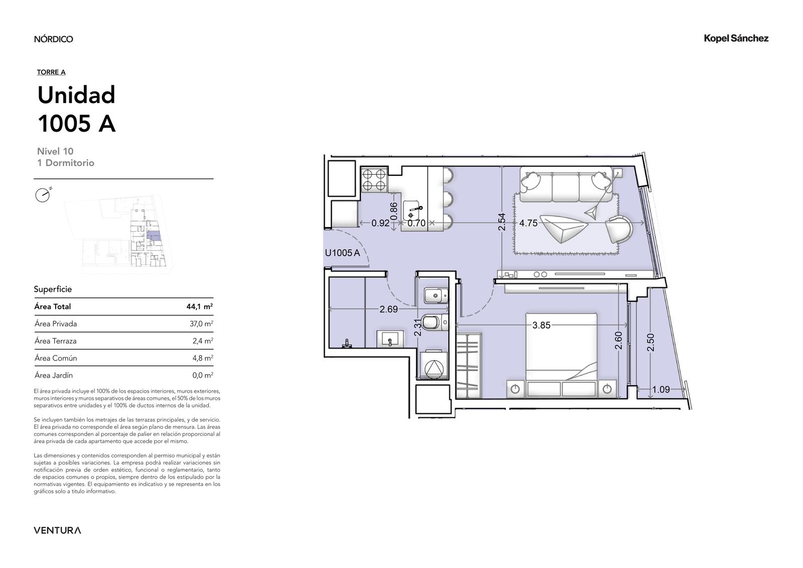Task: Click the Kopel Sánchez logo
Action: pyautogui.click(x=736, y=38)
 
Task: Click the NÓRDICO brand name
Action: pyautogui.click(x=53, y=39)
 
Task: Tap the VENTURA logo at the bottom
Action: pyautogui.click(x=57, y=530)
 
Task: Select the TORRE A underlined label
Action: pyautogui.click(x=51, y=72)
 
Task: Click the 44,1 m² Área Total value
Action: pyautogui.click(x=200, y=306)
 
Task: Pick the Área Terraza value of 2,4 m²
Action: pyautogui.click(x=203, y=340)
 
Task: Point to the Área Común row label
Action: pyautogui.click(x=56, y=358)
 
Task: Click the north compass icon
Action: pyautogui.click(x=43, y=195)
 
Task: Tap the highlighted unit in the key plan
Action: pyautogui.click(x=154, y=236)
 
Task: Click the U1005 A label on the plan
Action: pyautogui.click(x=342, y=253)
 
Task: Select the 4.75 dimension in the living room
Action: pyautogui.click(x=528, y=223)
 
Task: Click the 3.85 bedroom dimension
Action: pyautogui.click(x=542, y=325)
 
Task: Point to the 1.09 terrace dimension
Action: pyautogui.click(x=660, y=389)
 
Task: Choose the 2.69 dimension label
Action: pyautogui.click(x=388, y=309)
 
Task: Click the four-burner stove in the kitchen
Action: pyautogui.click(x=374, y=179)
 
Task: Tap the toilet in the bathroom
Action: pyautogui.click(x=435, y=322)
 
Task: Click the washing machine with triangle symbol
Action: pyautogui.click(x=434, y=365)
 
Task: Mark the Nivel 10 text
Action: pyautogui.click(x=55, y=151)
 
